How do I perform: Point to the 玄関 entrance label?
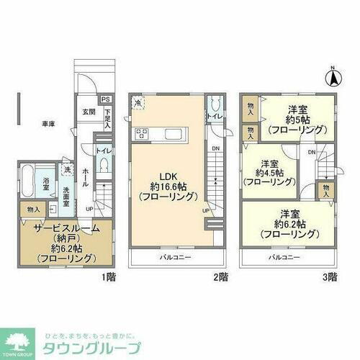click(87, 112)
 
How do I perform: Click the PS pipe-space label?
click(105, 99)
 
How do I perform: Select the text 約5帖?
click(297, 120)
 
